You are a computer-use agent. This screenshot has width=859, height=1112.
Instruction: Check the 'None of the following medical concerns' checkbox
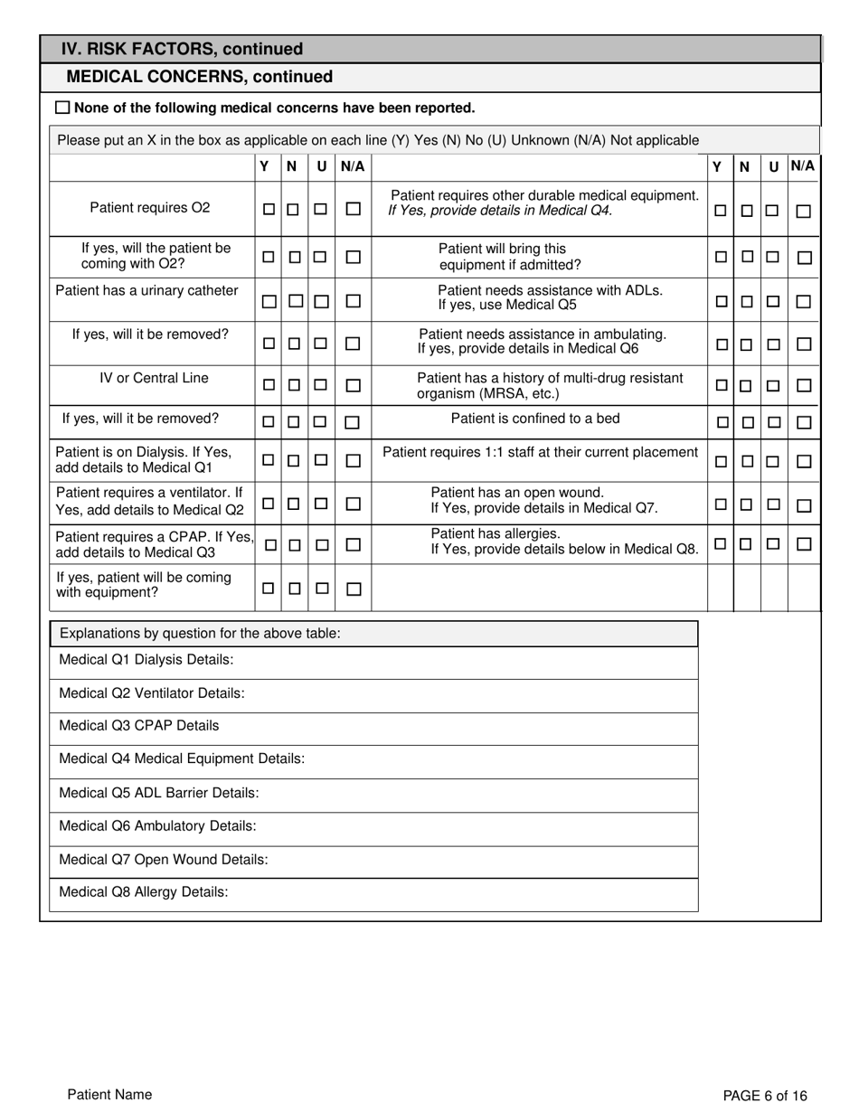pyautogui.click(x=62, y=108)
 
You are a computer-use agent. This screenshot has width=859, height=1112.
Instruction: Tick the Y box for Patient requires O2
pyautogui.click(x=269, y=209)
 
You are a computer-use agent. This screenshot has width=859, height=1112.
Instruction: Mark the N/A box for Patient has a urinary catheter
pyautogui.click(x=354, y=301)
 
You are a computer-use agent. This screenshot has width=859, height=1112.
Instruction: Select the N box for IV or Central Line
pyautogui.click(x=294, y=385)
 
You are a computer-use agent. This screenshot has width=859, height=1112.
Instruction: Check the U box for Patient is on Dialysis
pyautogui.click(x=320, y=460)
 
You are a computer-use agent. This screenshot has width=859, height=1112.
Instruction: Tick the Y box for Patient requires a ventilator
pyautogui.click(x=269, y=503)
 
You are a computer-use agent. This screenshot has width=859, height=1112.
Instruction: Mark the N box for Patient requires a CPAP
pyautogui.click(x=295, y=545)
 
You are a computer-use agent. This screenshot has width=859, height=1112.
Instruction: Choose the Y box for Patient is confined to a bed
pyautogui.click(x=722, y=422)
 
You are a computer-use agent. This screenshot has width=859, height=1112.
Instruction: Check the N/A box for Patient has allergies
pyautogui.click(x=804, y=544)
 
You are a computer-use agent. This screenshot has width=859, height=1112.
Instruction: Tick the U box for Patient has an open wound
pyautogui.click(x=772, y=504)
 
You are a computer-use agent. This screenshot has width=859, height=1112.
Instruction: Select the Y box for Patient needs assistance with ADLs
pyautogui.click(x=722, y=301)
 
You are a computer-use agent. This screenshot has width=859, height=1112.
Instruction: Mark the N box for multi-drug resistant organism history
pyautogui.click(x=746, y=386)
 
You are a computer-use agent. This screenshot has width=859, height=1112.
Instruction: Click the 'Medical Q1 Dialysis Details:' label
pyautogui.click(x=146, y=660)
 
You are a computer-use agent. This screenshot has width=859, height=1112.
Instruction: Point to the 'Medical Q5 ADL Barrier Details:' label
pyautogui.click(x=159, y=793)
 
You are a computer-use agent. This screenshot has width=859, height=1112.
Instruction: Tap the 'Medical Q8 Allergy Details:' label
pyautogui.click(x=143, y=892)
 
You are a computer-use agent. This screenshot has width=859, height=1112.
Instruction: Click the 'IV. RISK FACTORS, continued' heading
pyautogui.click(x=182, y=49)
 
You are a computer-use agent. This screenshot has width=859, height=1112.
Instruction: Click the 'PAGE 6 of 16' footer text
pyautogui.click(x=765, y=1096)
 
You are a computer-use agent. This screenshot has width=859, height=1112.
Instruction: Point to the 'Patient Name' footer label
pyautogui.click(x=109, y=1095)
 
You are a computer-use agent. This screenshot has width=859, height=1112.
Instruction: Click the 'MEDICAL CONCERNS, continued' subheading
pyautogui.click(x=199, y=78)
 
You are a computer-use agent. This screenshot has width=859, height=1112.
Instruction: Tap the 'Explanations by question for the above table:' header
pyautogui.click(x=200, y=633)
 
